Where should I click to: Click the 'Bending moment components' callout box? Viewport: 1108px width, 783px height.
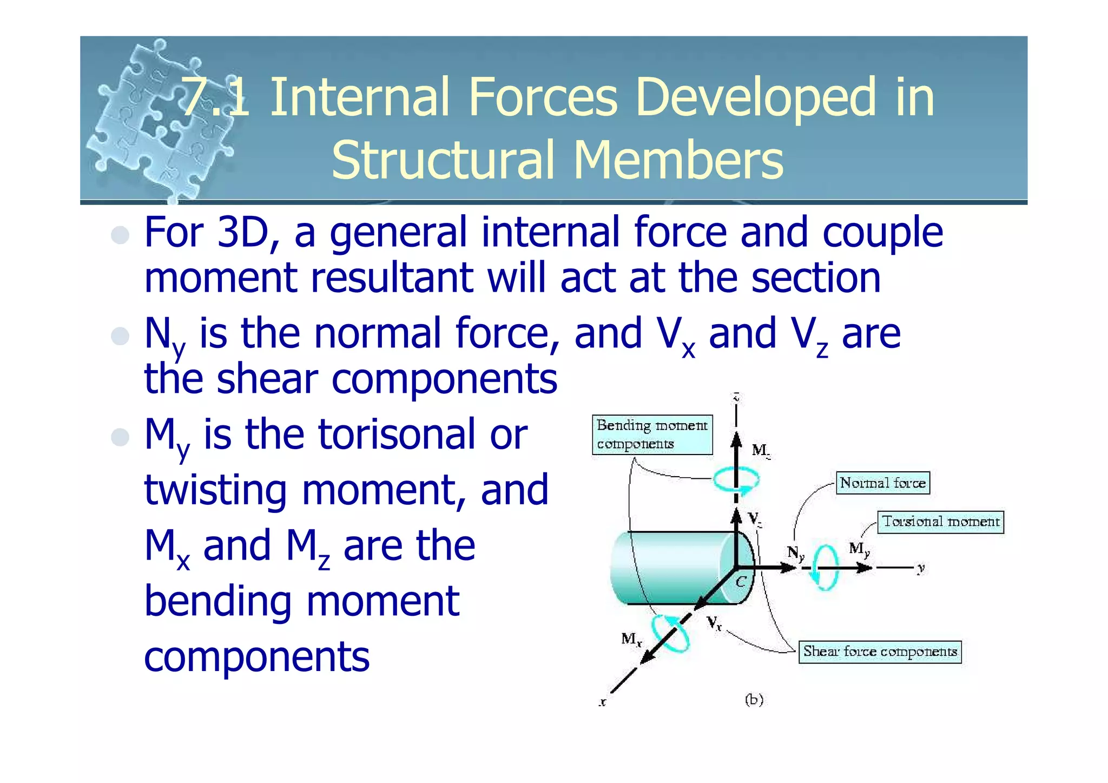(x=652, y=435)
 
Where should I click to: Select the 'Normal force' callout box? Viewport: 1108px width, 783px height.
(x=882, y=483)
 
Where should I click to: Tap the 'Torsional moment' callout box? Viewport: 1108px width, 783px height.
(x=940, y=522)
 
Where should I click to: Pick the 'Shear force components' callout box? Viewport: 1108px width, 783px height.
(x=880, y=651)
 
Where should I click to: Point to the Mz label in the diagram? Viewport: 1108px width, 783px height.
(x=761, y=451)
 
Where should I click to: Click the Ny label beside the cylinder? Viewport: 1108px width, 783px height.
(x=795, y=552)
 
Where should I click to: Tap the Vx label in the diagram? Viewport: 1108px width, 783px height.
(x=714, y=623)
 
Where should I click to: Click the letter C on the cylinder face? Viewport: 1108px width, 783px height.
(x=741, y=582)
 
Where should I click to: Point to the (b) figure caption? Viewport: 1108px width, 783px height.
(x=754, y=700)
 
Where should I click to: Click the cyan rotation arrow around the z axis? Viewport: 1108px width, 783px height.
(x=736, y=479)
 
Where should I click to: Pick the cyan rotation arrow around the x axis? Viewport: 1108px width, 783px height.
(x=671, y=633)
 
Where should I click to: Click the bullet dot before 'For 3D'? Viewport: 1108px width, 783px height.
(x=120, y=235)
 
